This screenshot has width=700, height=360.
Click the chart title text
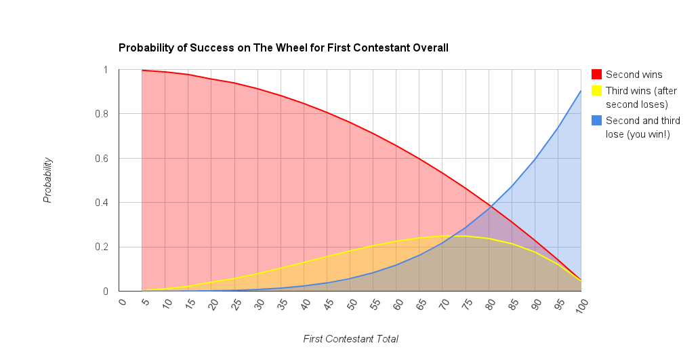pyautogui.click(x=283, y=48)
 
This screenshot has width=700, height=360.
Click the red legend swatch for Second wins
pyautogui.click(x=596, y=75)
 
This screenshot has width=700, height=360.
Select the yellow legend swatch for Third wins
pyautogui.click(x=596, y=90)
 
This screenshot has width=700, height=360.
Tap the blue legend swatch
pyautogui.click(x=596, y=121)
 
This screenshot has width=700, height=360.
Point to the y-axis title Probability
pyautogui.click(x=47, y=180)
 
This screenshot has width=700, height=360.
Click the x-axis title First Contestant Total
pyautogui.click(x=350, y=339)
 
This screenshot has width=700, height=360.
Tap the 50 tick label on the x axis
pyautogui.click(x=351, y=304)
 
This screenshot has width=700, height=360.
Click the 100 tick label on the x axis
pyautogui.click(x=581, y=305)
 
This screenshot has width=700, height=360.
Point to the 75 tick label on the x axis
pyautogui.click(x=466, y=304)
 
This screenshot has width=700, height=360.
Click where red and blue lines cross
pyautogui.click(x=490, y=206)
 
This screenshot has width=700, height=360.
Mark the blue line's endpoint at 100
pyautogui.click(x=581, y=91)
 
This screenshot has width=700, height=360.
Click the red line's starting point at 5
pyautogui.click(x=142, y=71)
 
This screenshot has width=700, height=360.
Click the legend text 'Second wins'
pyautogui.click(x=634, y=75)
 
